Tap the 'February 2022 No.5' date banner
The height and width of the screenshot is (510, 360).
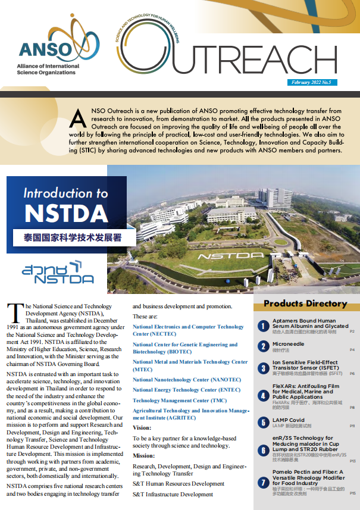point(314,82)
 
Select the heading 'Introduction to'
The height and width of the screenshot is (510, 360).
point(65,193)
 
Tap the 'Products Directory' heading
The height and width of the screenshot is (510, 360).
point(305,304)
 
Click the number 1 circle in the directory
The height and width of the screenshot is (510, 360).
point(263,326)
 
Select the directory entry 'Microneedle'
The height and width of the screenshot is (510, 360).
point(288,345)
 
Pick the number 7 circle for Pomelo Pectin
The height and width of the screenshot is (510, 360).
point(263,484)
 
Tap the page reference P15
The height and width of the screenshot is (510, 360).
point(352,493)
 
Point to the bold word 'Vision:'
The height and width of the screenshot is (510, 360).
point(142,427)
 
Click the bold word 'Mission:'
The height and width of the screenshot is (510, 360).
point(145,455)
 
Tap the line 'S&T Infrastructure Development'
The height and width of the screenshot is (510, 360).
point(173,494)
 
